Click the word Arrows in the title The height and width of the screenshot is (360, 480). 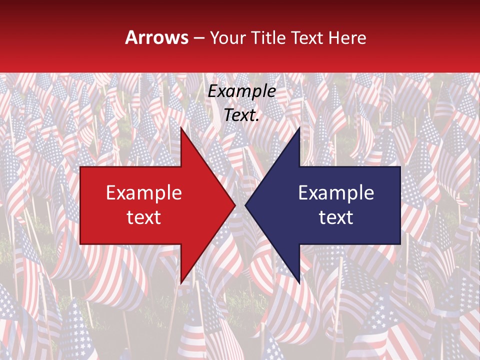pyautogui.click(x=157, y=37)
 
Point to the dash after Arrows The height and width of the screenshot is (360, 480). pyautogui.click(x=198, y=38)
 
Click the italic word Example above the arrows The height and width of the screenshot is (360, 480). pyautogui.click(x=242, y=91)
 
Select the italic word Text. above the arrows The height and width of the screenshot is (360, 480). pyautogui.click(x=242, y=115)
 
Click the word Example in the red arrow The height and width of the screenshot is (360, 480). pyautogui.click(x=143, y=193)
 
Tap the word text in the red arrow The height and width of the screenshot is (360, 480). pyautogui.click(x=143, y=217)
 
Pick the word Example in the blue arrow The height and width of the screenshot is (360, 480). pyautogui.click(x=336, y=193)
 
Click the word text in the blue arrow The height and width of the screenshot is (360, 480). pyautogui.click(x=336, y=217)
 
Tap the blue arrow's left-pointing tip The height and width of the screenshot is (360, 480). pyautogui.click(x=246, y=205)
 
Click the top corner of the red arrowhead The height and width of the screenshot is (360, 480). pyautogui.click(x=181, y=128)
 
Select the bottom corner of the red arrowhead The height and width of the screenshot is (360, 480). pyautogui.click(x=181, y=282)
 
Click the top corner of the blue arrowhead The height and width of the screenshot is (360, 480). pyautogui.click(x=299, y=128)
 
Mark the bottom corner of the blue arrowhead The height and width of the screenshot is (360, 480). pyautogui.click(x=299, y=282)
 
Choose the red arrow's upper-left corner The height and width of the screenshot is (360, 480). pyautogui.click(x=81, y=167)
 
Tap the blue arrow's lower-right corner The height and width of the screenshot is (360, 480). pyautogui.click(x=399, y=243)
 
